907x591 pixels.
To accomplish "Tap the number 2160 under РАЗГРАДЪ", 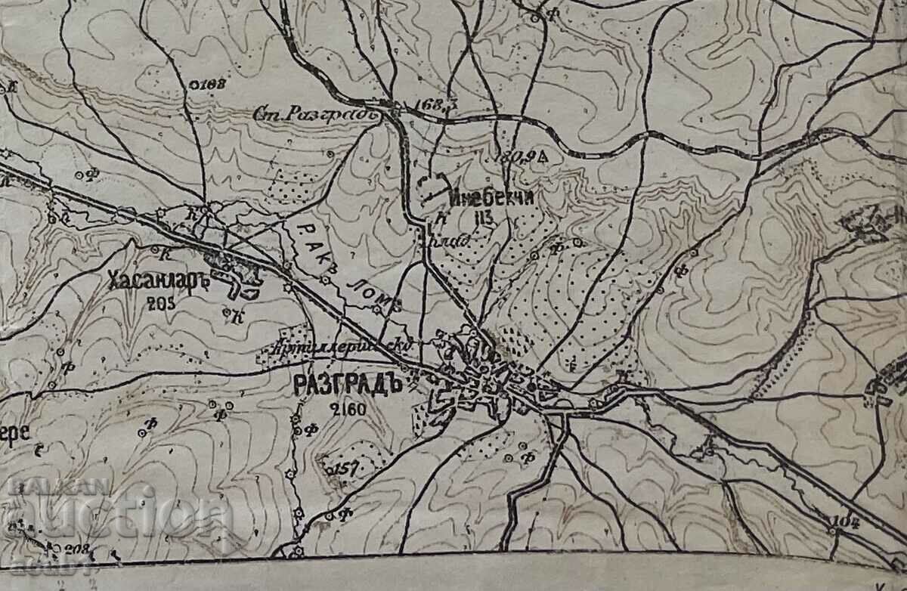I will (x=348, y=410).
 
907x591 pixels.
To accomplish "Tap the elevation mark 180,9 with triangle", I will (x=522, y=157).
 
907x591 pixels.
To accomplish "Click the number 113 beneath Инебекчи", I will (x=484, y=219).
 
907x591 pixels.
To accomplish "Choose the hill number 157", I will (x=344, y=469).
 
